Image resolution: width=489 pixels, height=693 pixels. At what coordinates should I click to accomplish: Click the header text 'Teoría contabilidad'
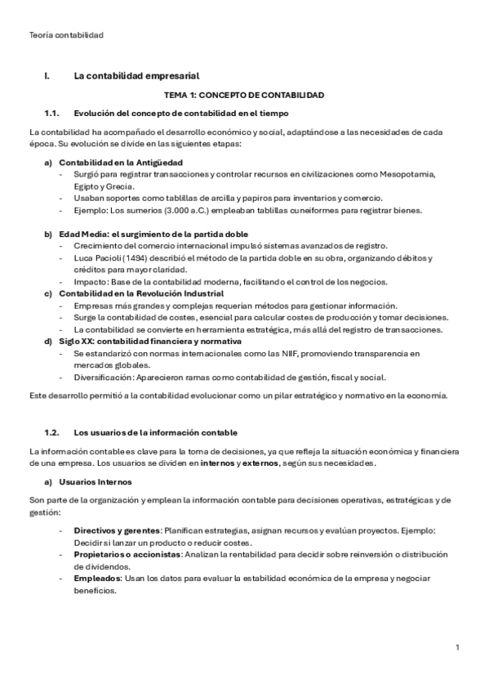65,35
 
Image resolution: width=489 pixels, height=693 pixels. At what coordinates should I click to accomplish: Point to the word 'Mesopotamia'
408,174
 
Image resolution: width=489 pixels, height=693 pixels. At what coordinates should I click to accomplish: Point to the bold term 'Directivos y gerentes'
117,530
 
